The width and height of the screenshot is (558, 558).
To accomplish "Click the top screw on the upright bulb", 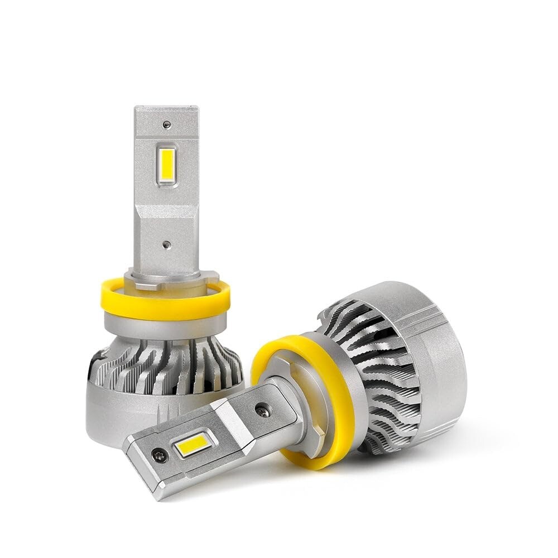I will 166,124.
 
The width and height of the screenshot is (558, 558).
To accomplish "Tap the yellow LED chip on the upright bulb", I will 166,165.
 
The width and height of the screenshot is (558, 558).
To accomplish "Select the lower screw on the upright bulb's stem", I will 166,244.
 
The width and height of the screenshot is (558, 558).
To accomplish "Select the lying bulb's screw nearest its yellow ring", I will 262,411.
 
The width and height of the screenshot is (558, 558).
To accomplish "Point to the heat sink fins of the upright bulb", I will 167,365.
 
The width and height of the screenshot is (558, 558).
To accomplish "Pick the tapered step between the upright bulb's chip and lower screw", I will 166,215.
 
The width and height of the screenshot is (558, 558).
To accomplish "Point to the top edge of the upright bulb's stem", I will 166,108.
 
